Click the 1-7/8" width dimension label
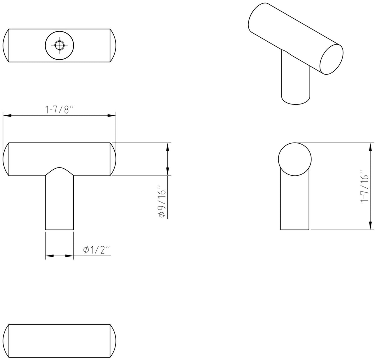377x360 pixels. click(59, 110)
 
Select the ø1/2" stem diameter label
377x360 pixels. click(97, 250)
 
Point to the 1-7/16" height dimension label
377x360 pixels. click(365, 186)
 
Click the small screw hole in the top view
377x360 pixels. click(59, 45)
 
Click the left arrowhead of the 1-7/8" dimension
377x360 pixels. click(7, 116)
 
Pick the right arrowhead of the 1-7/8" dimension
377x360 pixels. click(111, 116)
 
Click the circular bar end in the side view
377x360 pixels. click(295, 159)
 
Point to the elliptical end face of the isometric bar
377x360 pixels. click(332, 59)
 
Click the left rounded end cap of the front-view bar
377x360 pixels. click(6, 159)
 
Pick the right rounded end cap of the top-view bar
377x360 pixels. click(113, 45)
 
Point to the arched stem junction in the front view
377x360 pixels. click(59, 171)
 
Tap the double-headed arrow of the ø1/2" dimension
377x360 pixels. click(59, 256)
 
